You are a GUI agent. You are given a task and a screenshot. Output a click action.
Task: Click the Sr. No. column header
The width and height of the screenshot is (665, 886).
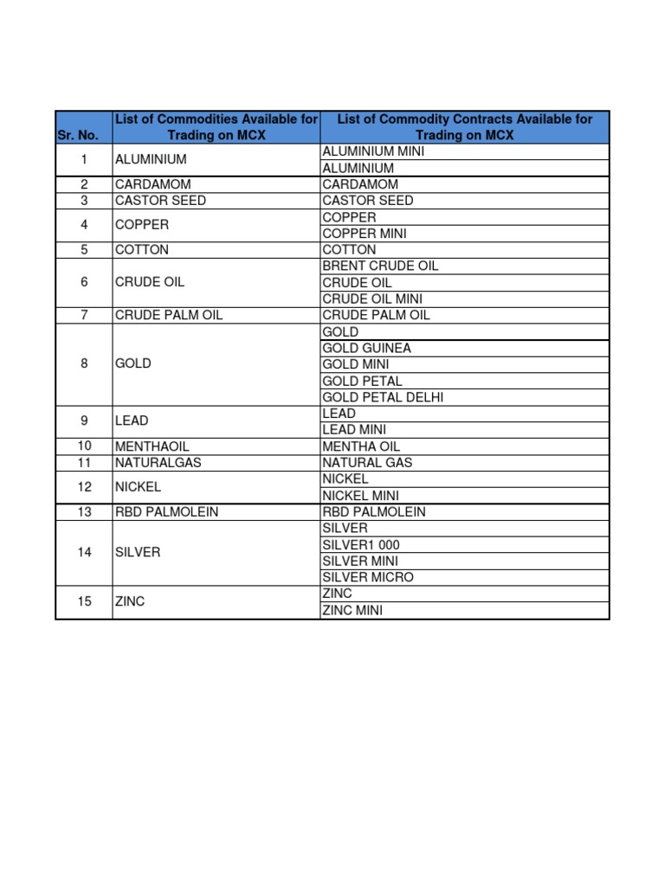tap(84, 135)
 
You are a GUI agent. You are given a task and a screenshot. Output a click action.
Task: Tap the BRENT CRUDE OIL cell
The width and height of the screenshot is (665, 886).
tap(380, 266)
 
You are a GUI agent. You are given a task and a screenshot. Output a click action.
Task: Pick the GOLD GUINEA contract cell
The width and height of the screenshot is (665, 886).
tap(366, 348)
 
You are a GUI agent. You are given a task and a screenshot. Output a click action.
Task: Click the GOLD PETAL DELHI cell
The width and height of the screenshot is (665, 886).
tap(383, 397)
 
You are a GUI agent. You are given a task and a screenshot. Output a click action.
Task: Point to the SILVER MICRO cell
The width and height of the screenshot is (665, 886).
tap(368, 577)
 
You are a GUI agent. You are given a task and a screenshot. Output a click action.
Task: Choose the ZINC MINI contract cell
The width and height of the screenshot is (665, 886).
tap(352, 610)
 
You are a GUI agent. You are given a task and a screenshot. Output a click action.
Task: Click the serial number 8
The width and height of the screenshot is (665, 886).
tap(84, 364)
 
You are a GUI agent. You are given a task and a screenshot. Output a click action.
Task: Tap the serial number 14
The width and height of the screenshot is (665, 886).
tap(84, 552)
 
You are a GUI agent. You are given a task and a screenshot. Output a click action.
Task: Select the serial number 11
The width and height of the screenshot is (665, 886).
tap(84, 462)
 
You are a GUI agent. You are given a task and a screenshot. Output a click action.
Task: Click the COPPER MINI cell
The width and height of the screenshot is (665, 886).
tap(365, 234)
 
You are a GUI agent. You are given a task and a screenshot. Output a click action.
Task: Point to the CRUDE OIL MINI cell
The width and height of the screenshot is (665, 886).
tap(372, 299)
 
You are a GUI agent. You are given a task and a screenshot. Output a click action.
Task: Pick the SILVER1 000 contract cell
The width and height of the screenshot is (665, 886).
tap(361, 544)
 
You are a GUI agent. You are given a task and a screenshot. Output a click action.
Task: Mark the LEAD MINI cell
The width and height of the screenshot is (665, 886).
tap(354, 430)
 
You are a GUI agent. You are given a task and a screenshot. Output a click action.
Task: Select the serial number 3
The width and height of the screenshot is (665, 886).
tap(84, 201)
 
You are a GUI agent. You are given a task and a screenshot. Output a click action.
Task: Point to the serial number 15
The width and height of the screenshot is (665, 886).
tap(84, 601)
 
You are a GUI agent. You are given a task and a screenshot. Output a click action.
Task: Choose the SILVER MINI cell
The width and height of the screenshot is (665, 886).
tap(361, 561)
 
